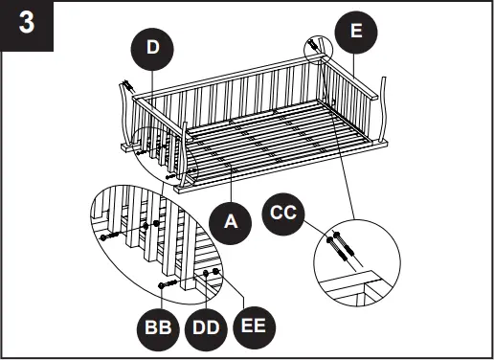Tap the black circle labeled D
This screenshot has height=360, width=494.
click(154, 48)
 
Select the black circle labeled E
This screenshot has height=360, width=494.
click(356, 32)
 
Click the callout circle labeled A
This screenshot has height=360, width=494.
click(231, 222)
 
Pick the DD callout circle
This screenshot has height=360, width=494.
click(206, 327)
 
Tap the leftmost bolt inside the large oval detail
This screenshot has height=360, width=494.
click(108, 236)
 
